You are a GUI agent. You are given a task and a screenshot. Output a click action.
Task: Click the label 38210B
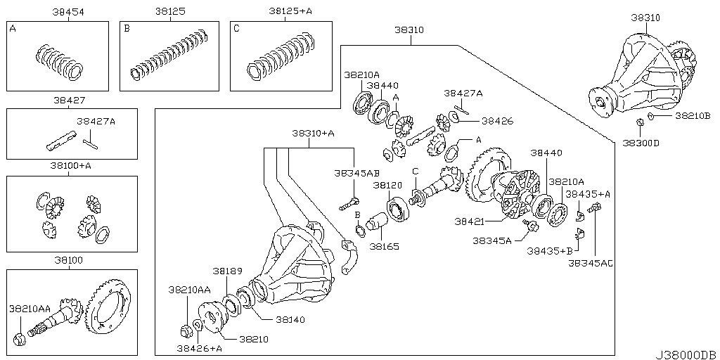(x=692, y=115)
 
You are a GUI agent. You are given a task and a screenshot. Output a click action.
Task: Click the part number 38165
(x=384, y=247)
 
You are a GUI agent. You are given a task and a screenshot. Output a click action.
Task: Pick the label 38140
(x=290, y=319)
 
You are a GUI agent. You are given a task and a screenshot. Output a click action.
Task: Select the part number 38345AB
(x=356, y=172)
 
